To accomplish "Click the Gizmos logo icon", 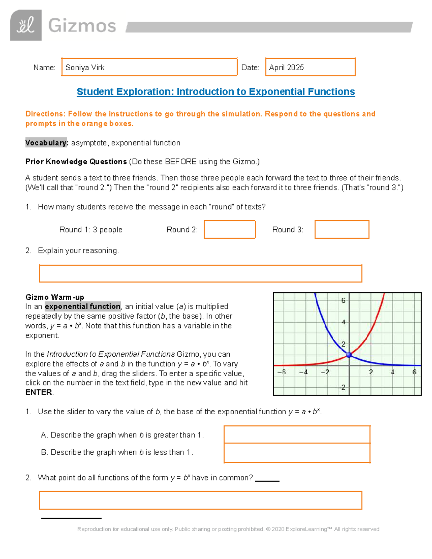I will (x=26, y=25).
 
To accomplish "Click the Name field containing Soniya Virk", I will (x=149, y=67).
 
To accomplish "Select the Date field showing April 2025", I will (x=310, y=67).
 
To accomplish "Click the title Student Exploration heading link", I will (x=216, y=92).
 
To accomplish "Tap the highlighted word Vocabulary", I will (x=46, y=143).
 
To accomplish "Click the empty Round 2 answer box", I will (x=230, y=230).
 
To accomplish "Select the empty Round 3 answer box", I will (x=342, y=230).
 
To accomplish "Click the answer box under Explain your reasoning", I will (x=200, y=274).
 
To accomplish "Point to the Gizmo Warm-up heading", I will (x=55, y=297).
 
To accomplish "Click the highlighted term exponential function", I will (x=82, y=307).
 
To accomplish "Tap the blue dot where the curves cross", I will (x=349, y=355).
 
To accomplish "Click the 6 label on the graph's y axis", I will (x=343, y=301).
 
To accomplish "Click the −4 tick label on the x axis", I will (x=303, y=372).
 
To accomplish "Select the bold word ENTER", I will (x=39, y=392).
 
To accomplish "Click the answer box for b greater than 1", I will (x=297, y=434).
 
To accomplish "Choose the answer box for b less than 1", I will (x=297, y=453).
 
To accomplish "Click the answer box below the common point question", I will (x=200, y=500).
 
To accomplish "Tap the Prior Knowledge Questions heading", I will (x=76, y=162).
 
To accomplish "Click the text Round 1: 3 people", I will (x=91, y=230).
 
